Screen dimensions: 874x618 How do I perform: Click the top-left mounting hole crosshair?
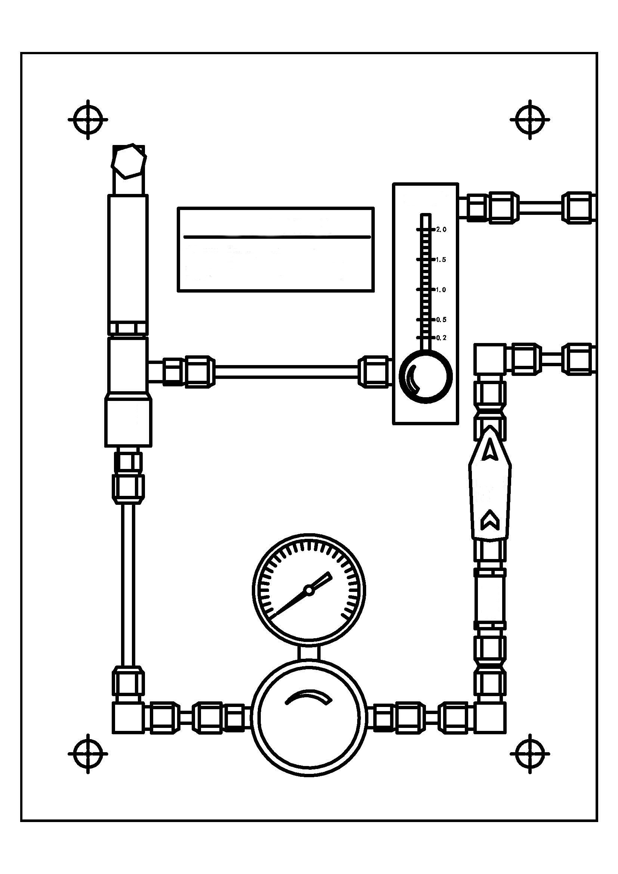tap(88, 120)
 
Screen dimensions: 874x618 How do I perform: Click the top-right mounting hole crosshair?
tap(530, 120)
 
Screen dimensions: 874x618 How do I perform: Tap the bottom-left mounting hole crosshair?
tap(88, 754)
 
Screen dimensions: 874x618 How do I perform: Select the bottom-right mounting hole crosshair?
tap(530, 754)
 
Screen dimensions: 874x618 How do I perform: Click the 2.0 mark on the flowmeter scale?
tap(441, 229)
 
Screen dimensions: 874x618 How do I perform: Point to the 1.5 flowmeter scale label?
tap(441, 260)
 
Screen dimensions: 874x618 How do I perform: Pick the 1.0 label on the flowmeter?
tap(441, 290)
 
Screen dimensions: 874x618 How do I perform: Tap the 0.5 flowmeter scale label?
tap(441, 320)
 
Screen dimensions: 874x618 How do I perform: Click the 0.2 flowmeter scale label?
tap(441, 338)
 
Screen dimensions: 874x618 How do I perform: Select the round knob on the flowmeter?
tap(426, 376)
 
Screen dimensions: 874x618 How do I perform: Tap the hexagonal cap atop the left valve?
tap(129, 161)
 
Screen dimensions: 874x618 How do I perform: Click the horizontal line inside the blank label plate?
tap(276, 237)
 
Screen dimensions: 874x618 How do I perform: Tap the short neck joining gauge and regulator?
tap(309, 653)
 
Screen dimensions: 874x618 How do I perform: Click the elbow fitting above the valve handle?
tap(490, 359)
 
